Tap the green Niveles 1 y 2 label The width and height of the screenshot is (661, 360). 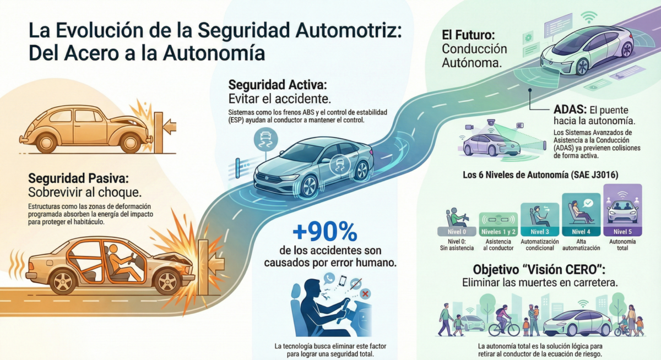pos(498,231)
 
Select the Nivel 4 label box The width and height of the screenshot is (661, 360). pos(581,231)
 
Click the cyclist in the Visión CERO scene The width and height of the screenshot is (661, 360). pos(503,320)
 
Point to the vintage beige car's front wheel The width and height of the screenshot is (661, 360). pos(130,142)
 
